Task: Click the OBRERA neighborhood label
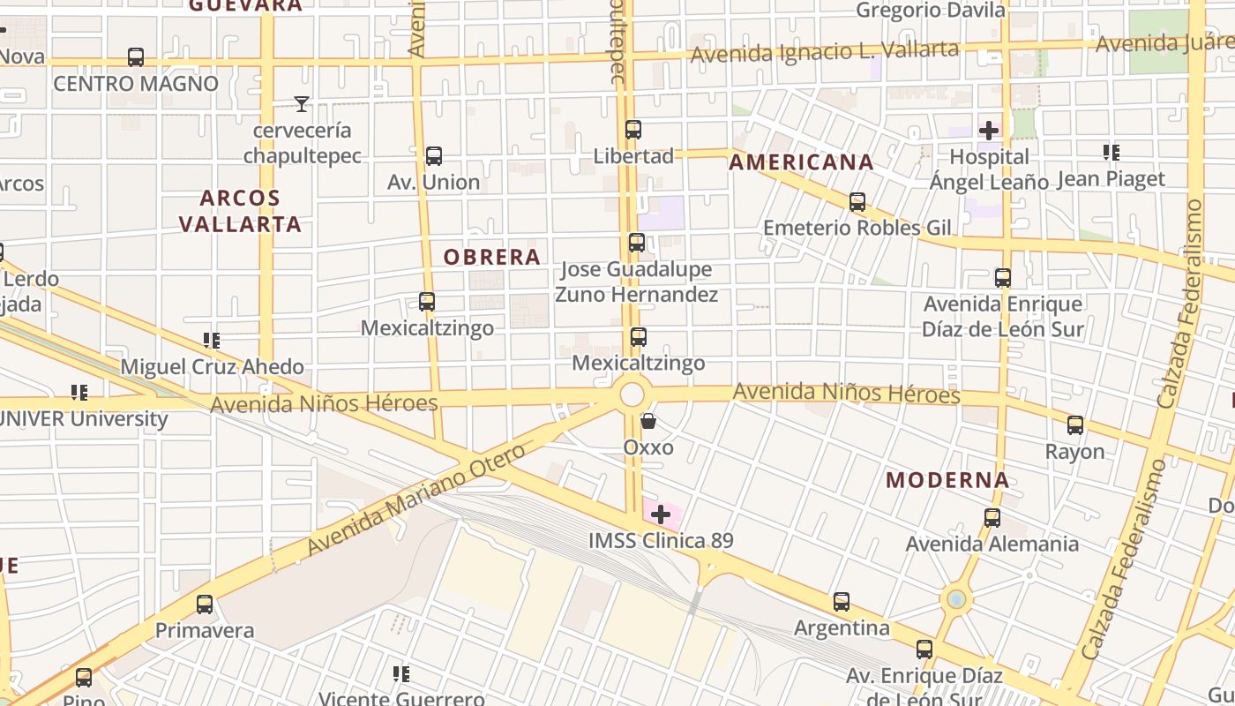(491, 257)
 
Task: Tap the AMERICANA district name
(801, 162)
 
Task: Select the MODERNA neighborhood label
(947, 480)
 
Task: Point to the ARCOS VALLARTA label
(240, 211)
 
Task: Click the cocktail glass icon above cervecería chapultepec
(302, 104)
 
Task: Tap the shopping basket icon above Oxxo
(648, 421)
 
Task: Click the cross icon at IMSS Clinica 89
(661, 514)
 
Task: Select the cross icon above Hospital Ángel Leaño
(989, 131)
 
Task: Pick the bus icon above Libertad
(632, 130)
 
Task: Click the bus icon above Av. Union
(433, 156)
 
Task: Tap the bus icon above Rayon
(1074, 425)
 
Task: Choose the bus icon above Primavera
(205, 605)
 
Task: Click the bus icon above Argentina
(842, 602)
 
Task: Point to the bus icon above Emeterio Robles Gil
(857, 201)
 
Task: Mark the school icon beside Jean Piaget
(1111, 153)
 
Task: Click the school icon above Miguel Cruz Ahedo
(211, 340)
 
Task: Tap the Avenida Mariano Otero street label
(416, 499)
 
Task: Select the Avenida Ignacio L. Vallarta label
(824, 52)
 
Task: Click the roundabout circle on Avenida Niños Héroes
(632, 394)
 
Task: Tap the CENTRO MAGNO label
(136, 84)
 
